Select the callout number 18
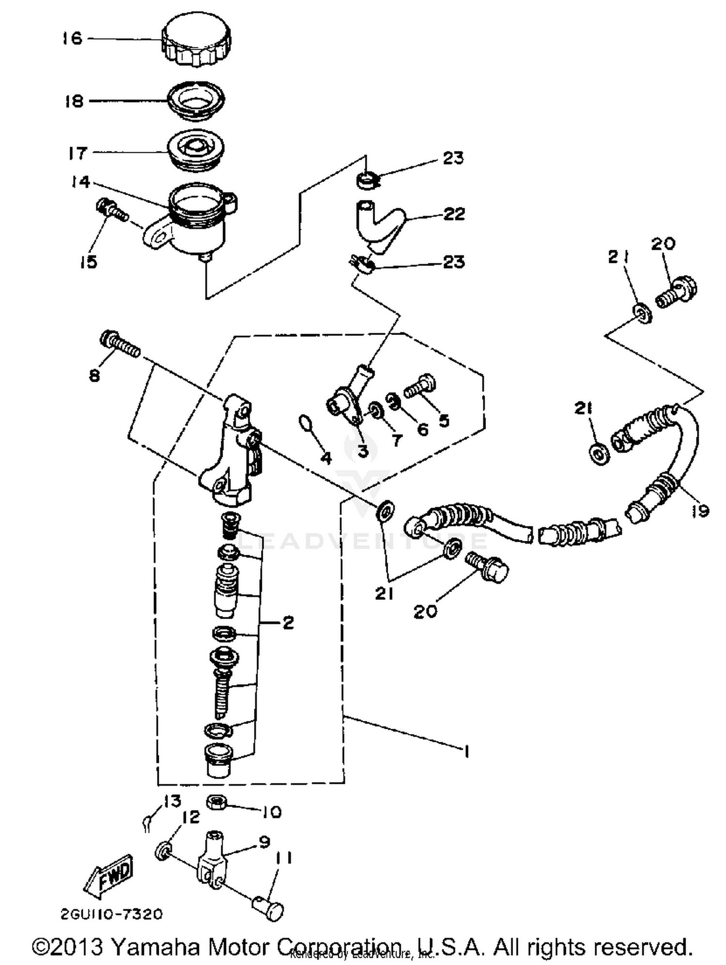[74, 101]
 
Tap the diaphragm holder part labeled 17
[196, 149]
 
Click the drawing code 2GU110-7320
[111, 914]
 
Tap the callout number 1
[466, 752]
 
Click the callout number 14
[79, 182]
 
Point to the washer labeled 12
[163, 850]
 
